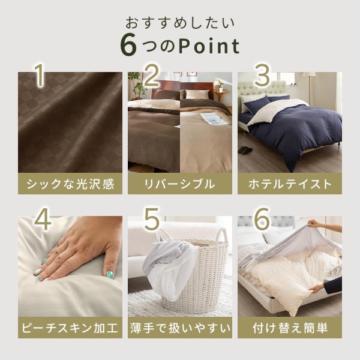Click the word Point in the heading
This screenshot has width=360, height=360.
point(209,46)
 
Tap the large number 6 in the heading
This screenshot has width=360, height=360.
point(128,44)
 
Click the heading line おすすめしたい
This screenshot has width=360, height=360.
point(180,23)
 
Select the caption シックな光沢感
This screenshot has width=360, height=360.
point(70,184)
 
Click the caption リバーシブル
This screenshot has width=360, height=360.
point(180,184)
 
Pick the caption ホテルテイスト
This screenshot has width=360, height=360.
point(290,184)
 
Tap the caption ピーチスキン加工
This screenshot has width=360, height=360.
point(70,328)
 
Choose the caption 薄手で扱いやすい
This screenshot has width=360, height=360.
point(180,328)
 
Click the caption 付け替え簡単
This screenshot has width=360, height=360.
point(290,328)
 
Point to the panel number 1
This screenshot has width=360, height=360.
point(40,75)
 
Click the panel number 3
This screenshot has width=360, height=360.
point(262,75)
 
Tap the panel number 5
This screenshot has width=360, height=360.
point(152,218)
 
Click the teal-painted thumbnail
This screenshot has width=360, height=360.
point(110,275)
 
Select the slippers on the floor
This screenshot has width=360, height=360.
point(245,150)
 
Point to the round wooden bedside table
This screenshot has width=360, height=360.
point(221,94)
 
